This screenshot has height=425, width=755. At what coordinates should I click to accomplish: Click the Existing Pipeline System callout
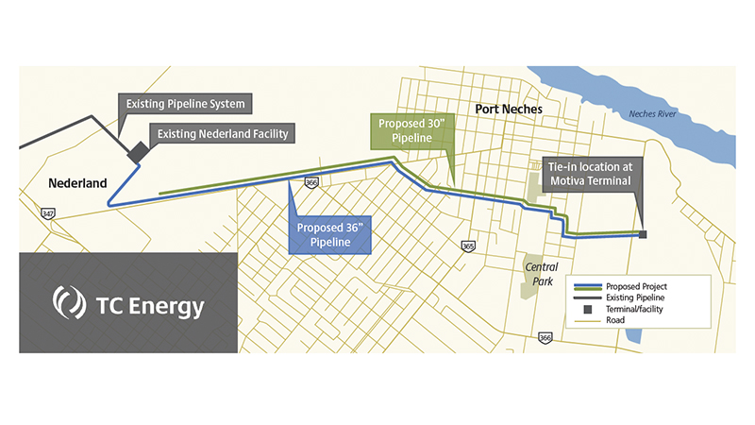[180, 103]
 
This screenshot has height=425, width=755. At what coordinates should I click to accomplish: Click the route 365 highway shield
[468, 246]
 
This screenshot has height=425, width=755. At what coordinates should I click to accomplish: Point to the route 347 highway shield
[47, 213]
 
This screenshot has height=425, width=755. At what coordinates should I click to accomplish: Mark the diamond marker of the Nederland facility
[137, 151]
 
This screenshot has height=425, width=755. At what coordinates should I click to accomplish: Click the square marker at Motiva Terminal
[643, 234]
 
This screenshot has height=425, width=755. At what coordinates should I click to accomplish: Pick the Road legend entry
[623, 320]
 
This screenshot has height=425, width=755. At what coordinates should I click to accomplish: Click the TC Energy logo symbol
[68, 303]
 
